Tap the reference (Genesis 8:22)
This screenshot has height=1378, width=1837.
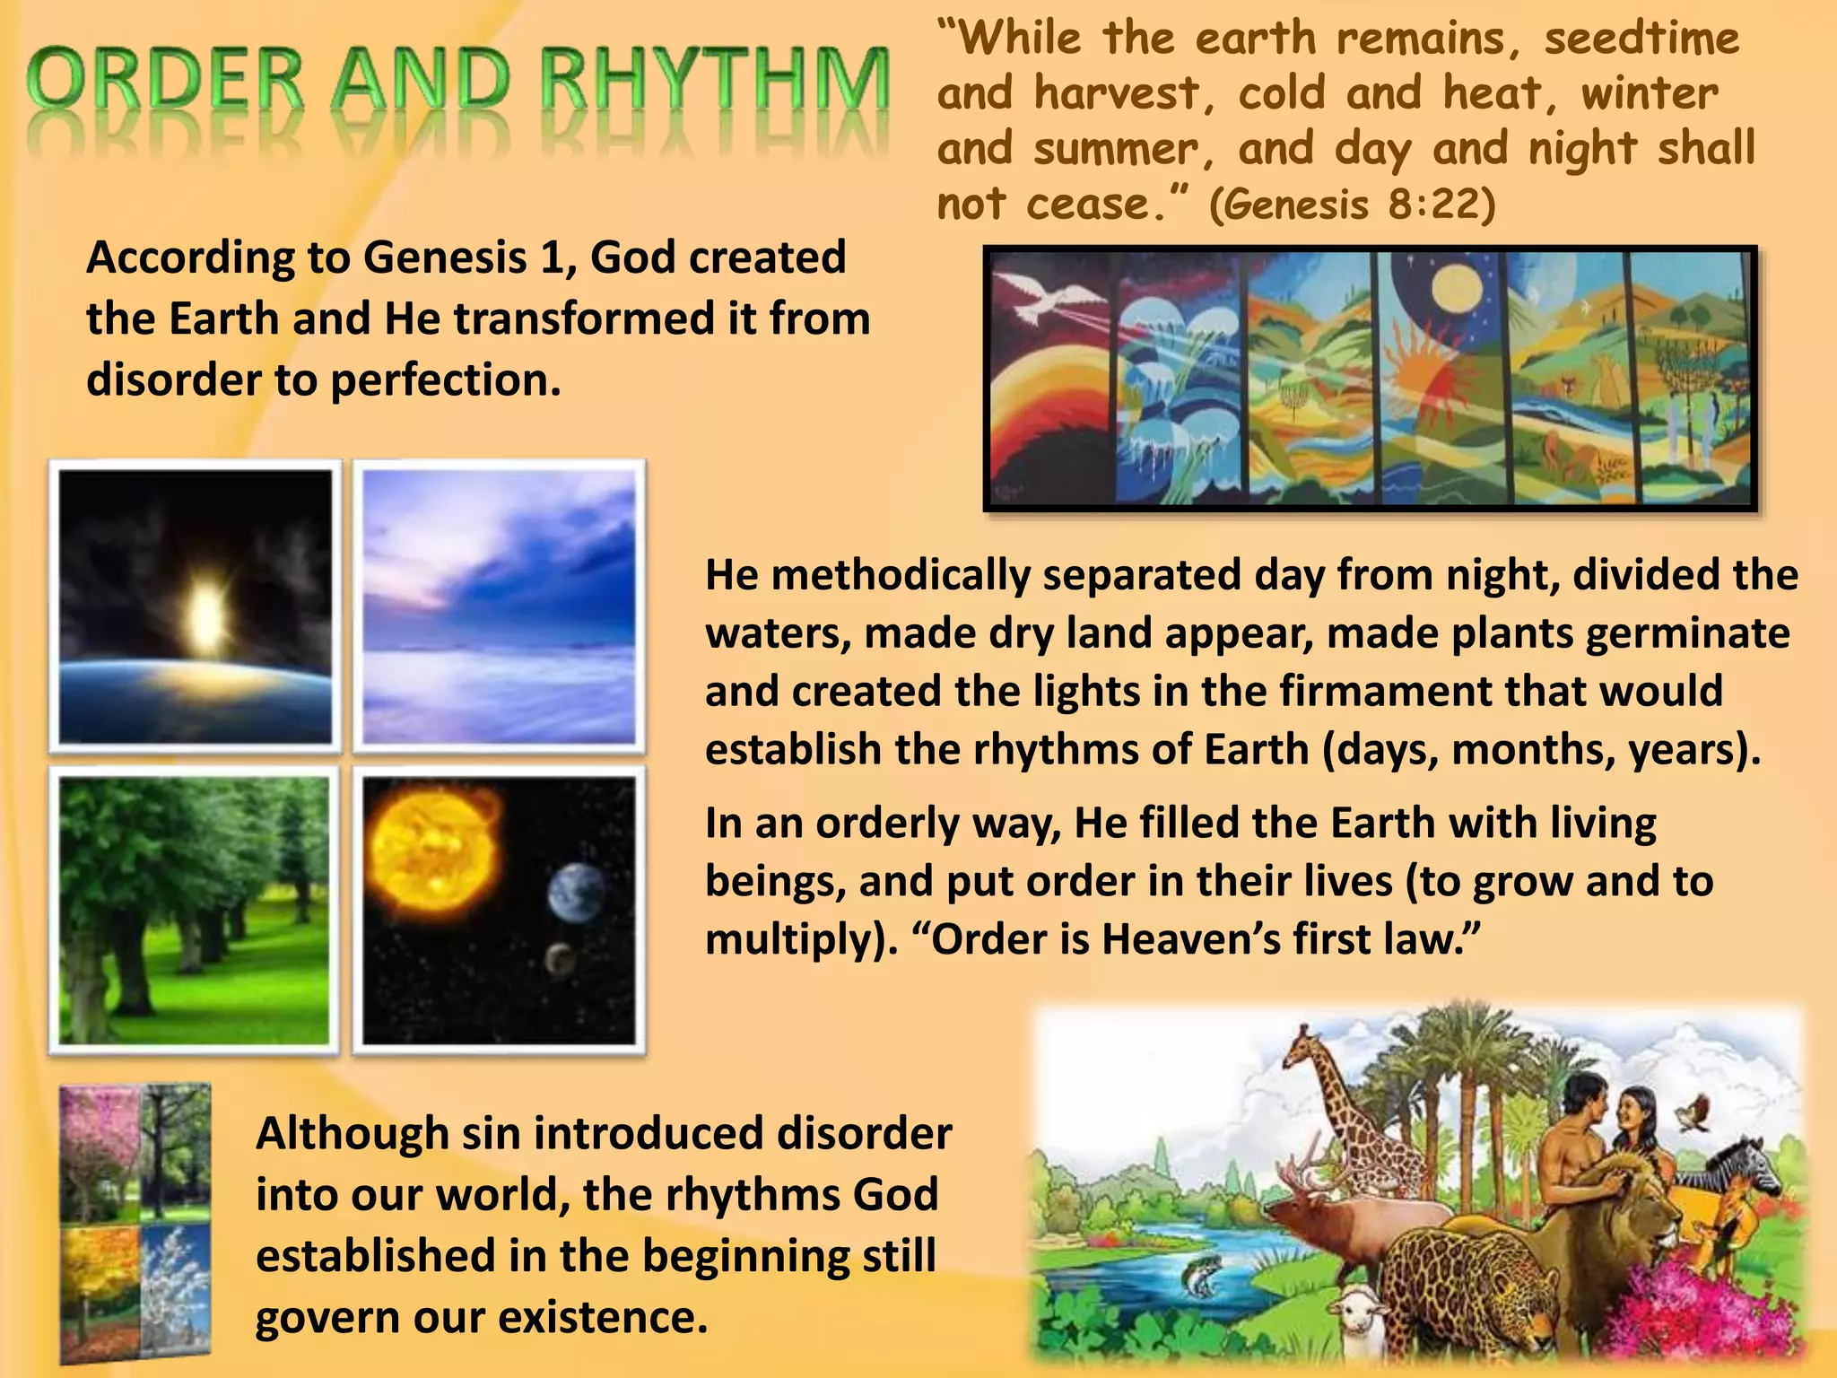[1352, 205]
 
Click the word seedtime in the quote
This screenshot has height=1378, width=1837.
[1641, 39]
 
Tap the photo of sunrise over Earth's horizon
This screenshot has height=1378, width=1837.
[195, 606]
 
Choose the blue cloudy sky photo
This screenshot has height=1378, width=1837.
[499, 606]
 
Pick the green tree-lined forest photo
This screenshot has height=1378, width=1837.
[195, 910]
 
